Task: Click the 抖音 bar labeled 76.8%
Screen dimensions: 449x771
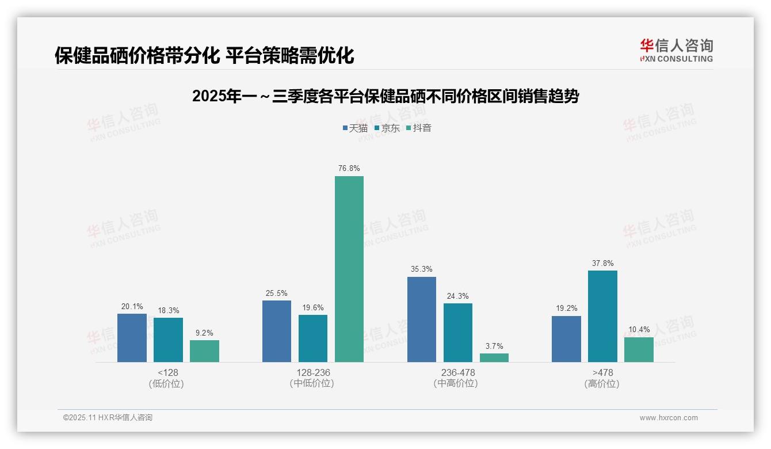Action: tap(349, 269)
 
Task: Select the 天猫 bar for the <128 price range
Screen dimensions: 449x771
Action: tap(132, 338)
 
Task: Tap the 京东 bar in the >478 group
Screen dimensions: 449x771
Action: tap(602, 316)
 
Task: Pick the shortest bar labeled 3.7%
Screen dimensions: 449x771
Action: tap(494, 357)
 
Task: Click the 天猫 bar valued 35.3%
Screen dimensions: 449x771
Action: tap(422, 319)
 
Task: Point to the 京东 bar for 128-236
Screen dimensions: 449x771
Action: tap(313, 338)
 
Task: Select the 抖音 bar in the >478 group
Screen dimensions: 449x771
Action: tap(639, 349)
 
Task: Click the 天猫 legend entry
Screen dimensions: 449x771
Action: tap(355, 128)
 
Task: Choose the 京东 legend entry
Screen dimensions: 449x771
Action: tap(387, 128)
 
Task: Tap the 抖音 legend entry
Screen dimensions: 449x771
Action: tap(418, 128)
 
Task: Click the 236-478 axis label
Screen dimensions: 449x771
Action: tap(458, 372)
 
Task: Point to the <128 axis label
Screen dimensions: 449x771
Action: tap(167, 372)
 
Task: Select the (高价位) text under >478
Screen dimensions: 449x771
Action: tap(602, 384)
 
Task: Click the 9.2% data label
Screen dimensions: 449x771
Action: tap(204, 333)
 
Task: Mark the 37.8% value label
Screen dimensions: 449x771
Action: tap(602, 264)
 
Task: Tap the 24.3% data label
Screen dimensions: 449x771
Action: tap(458, 296)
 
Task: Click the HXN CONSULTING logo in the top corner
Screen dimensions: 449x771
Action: tap(676, 50)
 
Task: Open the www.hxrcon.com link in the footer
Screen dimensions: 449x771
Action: tap(669, 418)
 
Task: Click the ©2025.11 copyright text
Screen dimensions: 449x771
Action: tap(108, 418)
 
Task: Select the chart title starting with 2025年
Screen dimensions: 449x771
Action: tap(385, 96)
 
